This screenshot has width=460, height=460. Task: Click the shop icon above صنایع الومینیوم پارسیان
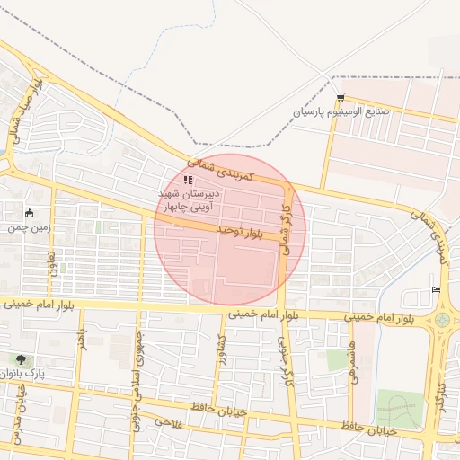click(x=340, y=97)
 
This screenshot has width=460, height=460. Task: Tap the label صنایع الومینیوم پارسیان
click(x=341, y=112)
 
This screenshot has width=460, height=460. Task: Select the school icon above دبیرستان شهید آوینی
click(x=188, y=181)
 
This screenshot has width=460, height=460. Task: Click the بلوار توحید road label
click(x=237, y=232)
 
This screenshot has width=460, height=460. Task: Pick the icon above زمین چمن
click(x=30, y=213)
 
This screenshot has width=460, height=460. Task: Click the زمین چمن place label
click(x=26, y=228)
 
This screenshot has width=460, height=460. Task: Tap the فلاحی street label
click(x=168, y=421)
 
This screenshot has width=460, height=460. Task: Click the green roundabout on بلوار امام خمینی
click(x=442, y=319)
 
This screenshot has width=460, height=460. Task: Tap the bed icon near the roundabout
click(x=437, y=289)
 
